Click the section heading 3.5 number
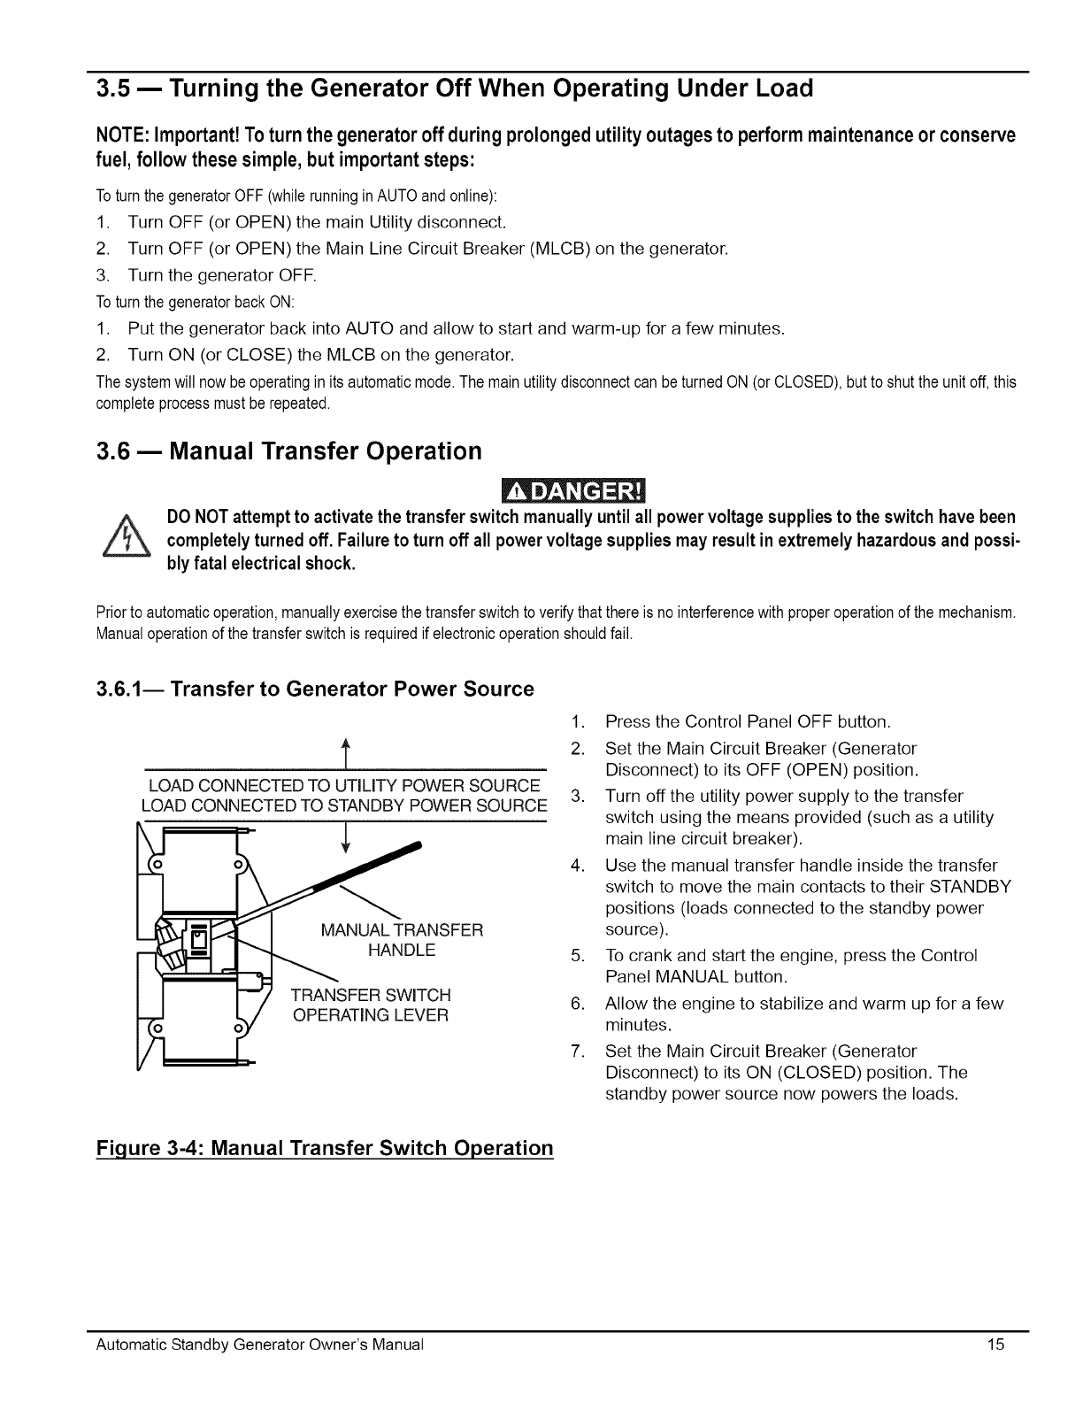[x=113, y=89]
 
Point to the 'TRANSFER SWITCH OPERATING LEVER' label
[x=371, y=1005]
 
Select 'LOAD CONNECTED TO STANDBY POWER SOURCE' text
[x=344, y=805]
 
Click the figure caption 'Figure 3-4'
[x=324, y=1148]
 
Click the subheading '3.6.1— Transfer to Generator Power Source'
[x=315, y=689]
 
